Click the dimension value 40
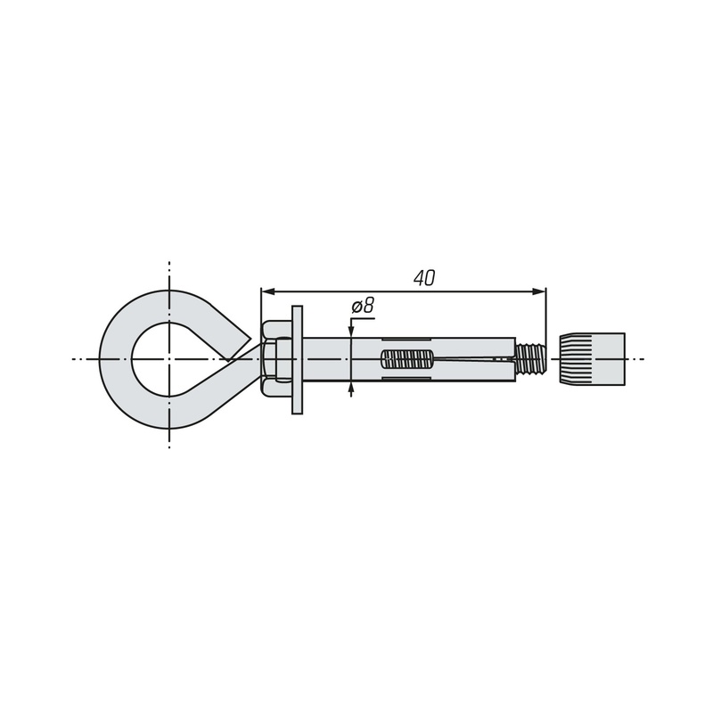coord(424,278)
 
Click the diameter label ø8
coord(363,306)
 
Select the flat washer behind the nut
coord(297,360)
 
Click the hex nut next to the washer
coord(276,359)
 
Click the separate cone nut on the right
coord(592,359)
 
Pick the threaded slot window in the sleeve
coord(407,359)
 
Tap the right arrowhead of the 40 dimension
coord(538,291)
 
